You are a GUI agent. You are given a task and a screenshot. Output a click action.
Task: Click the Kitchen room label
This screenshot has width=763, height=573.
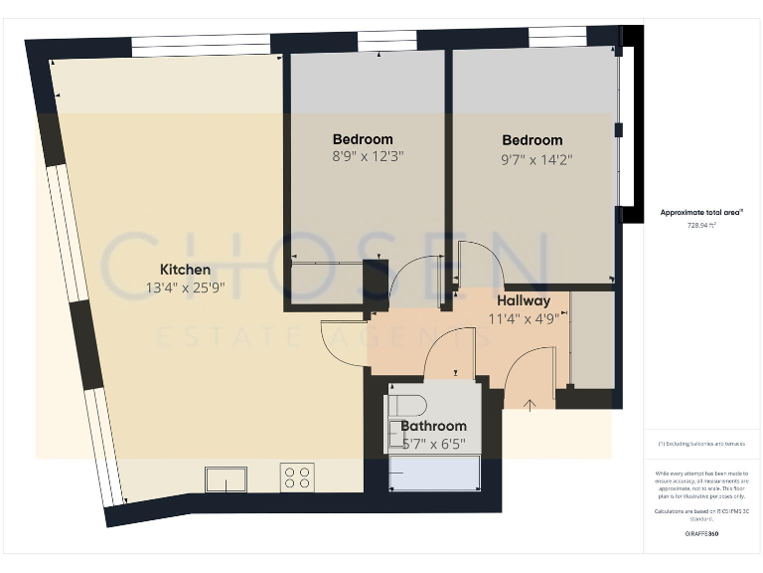tap(185, 270)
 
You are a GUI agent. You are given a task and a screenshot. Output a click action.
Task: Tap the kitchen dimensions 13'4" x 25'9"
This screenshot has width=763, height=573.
tap(185, 288)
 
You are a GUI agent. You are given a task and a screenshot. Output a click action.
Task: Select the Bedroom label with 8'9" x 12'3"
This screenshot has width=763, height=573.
tap(363, 139)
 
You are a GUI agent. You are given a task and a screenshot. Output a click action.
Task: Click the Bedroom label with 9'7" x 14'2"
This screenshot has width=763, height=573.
tap(532, 140)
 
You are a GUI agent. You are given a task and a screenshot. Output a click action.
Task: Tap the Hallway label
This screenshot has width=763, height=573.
tap(523, 300)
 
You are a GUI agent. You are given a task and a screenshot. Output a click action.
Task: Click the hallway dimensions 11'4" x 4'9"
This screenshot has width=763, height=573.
tap(523, 318)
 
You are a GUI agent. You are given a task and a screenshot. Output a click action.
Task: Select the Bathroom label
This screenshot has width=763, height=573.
tap(433, 426)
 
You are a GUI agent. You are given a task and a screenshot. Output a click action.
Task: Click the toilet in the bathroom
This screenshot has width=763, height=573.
tap(406, 404)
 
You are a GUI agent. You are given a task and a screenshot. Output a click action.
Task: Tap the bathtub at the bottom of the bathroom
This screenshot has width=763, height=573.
tap(433, 474)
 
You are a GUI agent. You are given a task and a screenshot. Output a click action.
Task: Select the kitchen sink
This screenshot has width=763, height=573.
tap(227, 478)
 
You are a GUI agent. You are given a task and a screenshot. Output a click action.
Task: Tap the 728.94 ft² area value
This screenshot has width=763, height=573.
tap(701, 225)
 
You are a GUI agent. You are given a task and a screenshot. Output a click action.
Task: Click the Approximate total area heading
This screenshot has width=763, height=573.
tap(701, 213)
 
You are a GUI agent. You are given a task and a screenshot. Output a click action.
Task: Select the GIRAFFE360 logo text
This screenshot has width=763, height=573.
tap(701, 534)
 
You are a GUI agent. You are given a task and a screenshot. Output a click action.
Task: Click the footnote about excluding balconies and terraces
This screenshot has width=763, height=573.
tap(701, 443)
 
